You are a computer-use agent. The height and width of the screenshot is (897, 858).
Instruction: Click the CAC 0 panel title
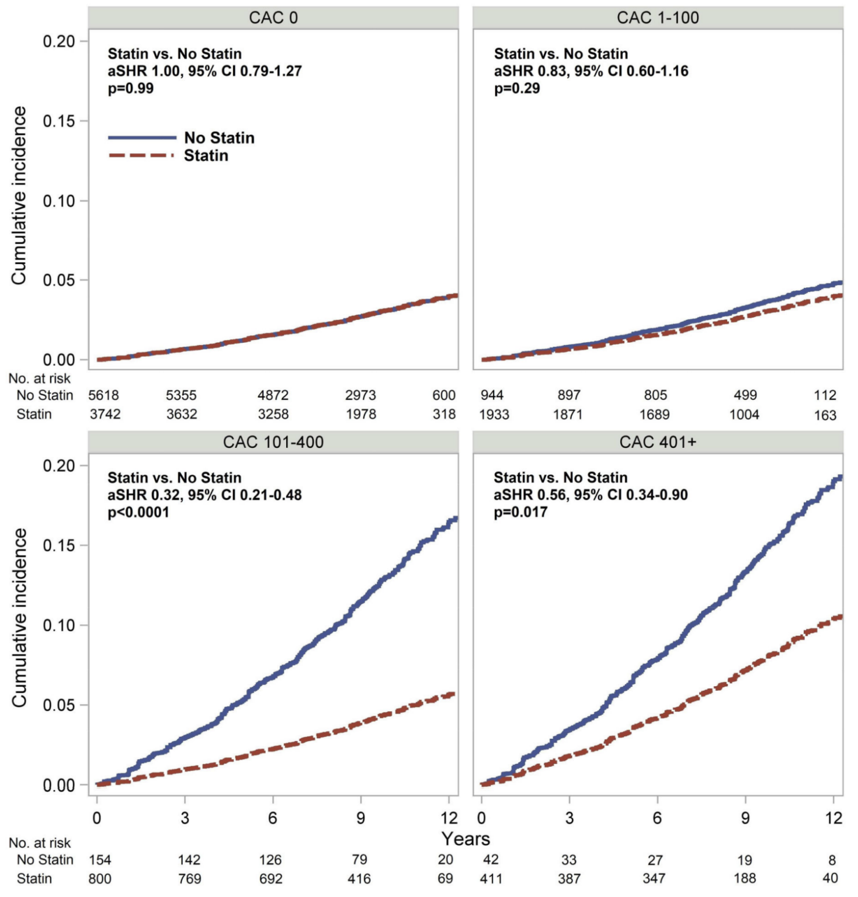(x=273, y=18)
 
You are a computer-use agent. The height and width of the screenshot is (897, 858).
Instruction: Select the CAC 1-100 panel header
(x=658, y=18)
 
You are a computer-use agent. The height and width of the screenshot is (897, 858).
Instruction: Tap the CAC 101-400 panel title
(x=273, y=442)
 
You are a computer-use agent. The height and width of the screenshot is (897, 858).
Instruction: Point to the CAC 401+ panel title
(x=658, y=442)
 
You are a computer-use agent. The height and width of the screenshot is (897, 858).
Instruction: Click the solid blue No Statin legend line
(x=142, y=138)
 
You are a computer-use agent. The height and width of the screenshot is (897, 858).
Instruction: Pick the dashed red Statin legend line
(x=142, y=155)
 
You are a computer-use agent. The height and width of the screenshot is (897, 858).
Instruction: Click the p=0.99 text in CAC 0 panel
(x=131, y=89)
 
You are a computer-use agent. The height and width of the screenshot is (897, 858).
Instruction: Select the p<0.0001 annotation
(x=138, y=512)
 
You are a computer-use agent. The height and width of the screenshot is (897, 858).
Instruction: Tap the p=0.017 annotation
(x=520, y=512)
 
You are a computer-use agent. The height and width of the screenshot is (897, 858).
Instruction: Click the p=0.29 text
(x=517, y=89)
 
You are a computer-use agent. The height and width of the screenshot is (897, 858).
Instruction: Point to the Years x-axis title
(x=466, y=839)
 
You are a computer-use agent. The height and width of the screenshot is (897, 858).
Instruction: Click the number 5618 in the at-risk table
(x=104, y=395)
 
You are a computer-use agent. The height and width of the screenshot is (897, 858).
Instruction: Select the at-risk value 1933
(x=494, y=415)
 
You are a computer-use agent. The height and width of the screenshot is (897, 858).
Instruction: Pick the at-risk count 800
(x=100, y=879)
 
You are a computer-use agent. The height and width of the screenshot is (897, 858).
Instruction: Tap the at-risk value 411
(x=491, y=879)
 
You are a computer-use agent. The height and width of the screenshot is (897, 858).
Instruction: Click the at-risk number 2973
(x=360, y=395)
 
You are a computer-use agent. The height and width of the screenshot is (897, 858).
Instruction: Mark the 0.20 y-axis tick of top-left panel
(x=59, y=41)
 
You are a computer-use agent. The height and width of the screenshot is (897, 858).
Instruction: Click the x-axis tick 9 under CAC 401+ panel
(x=745, y=818)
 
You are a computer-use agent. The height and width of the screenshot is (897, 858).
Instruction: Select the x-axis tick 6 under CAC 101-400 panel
(x=272, y=818)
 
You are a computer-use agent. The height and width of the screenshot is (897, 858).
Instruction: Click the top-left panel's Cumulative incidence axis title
(x=19, y=196)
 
